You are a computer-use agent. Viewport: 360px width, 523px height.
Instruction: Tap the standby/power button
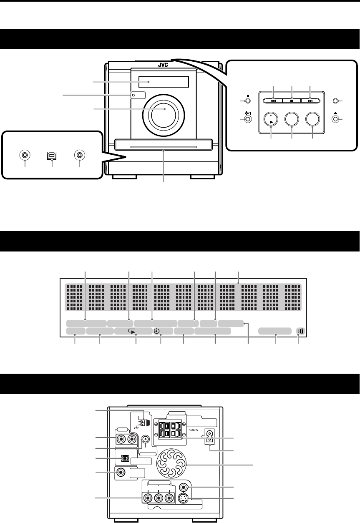point(247,119)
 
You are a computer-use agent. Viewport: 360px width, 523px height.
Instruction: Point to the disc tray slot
point(163,146)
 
